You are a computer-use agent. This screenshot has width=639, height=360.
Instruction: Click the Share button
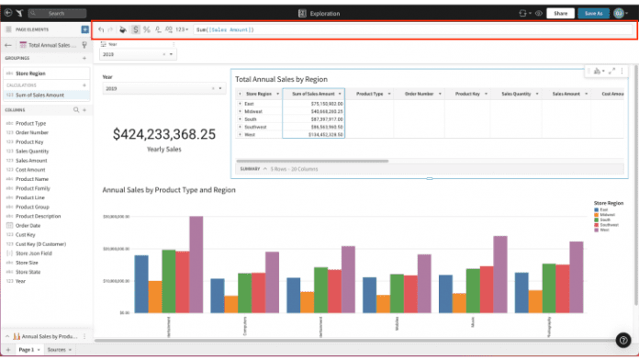point(561,14)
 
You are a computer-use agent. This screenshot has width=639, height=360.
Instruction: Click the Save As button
point(594,14)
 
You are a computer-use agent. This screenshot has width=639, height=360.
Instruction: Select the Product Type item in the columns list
point(30,123)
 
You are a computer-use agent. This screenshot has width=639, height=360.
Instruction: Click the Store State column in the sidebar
point(29,272)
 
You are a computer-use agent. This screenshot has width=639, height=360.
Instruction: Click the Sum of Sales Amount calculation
point(40,95)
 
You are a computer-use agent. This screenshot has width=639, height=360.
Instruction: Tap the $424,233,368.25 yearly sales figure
point(164,134)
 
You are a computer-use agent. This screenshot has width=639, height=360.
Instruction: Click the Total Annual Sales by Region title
point(281,79)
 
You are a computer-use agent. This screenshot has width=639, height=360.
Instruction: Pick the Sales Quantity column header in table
point(516,94)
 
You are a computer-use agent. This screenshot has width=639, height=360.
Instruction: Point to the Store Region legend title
point(609,202)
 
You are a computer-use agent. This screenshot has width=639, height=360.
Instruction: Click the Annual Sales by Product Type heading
point(169,189)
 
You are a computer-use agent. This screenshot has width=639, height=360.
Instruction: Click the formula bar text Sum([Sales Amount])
point(225,30)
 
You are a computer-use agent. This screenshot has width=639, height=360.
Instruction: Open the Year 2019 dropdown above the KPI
point(137,54)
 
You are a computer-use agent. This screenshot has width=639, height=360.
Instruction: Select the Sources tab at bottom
point(57,350)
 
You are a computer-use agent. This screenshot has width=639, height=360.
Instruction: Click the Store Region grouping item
point(32,73)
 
